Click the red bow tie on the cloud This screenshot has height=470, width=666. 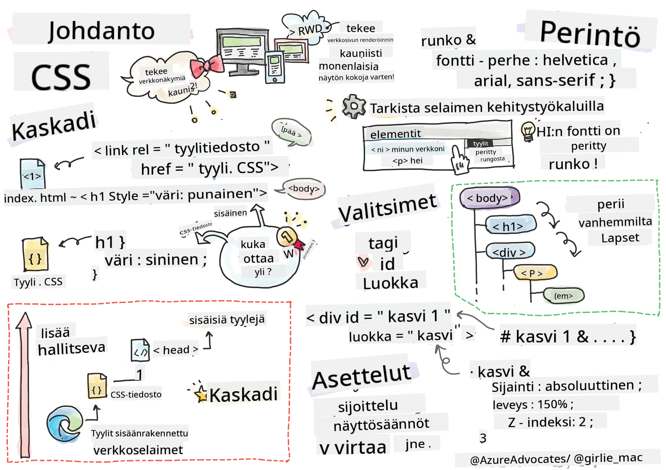point(207,66)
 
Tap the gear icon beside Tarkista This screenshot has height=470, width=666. point(354,106)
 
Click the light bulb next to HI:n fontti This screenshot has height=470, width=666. point(528,131)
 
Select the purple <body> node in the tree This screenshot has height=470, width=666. point(489,198)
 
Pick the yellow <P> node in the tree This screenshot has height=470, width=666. point(535,272)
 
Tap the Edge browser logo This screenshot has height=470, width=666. point(64,424)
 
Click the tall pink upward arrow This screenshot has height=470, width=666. point(25,386)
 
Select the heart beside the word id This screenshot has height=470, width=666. point(363,261)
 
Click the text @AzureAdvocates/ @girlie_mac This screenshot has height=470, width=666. point(556,459)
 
